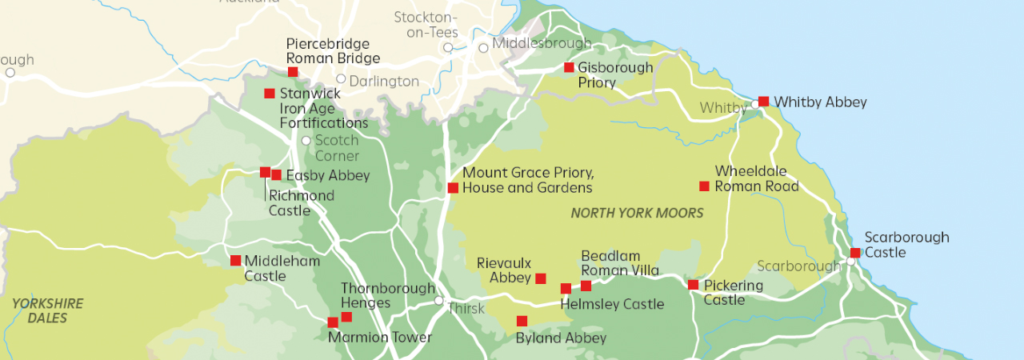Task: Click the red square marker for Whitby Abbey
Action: pos(763,102)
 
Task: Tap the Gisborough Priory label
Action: pos(614,75)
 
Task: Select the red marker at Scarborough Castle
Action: pos(855,253)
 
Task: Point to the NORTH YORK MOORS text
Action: pos(637,213)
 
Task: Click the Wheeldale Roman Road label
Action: pos(756,179)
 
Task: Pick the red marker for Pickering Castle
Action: pos(693,285)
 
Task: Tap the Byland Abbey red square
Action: pos(522,321)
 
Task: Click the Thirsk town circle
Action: pos(438,301)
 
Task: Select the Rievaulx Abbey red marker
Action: pos(541,278)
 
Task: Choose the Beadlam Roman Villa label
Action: pos(620,263)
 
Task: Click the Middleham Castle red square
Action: pos(235,260)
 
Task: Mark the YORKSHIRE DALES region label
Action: pos(47,310)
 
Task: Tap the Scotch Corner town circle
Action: pos(306,141)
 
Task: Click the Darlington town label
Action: pos(383,81)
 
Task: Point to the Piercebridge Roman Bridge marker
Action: pos(293,72)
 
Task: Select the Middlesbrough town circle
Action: pos(483,48)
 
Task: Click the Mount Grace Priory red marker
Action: pos(453,188)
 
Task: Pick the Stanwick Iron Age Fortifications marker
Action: pos(270,94)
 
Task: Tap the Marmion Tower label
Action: pos(380,337)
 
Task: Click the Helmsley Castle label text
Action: pos(612,304)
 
